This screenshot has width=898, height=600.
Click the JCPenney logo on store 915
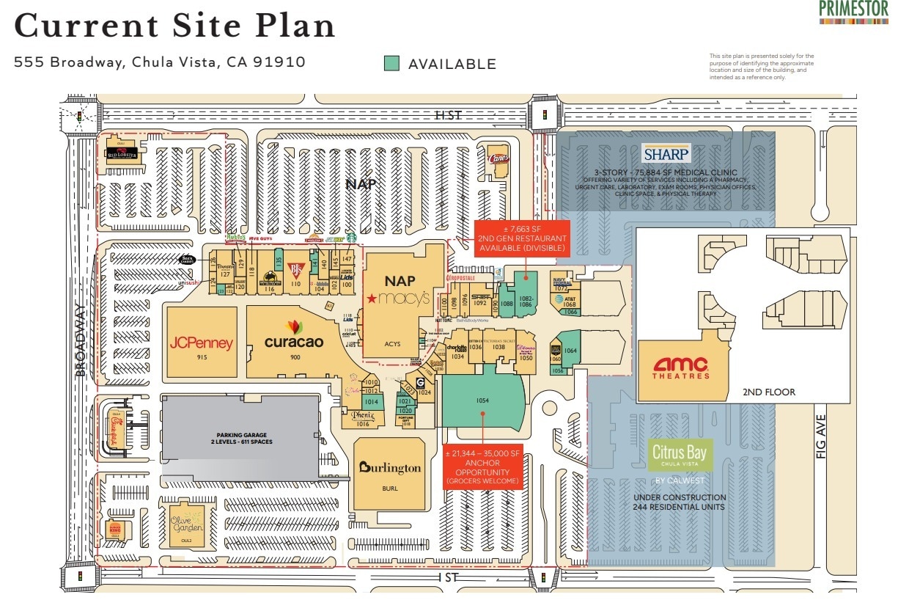(202, 343)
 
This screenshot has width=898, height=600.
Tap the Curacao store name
(293, 341)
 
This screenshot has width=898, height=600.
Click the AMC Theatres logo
(681, 367)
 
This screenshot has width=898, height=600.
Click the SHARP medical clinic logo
(666, 154)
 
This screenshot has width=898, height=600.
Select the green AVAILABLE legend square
(392, 64)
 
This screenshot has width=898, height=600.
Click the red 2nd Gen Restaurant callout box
(523, 238)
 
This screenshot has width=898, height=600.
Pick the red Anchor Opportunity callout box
(482, 468)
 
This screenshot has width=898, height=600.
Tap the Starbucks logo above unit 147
(351, 237)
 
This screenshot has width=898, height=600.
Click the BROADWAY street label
(81, 341)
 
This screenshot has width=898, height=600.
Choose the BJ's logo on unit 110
(296, 269)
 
